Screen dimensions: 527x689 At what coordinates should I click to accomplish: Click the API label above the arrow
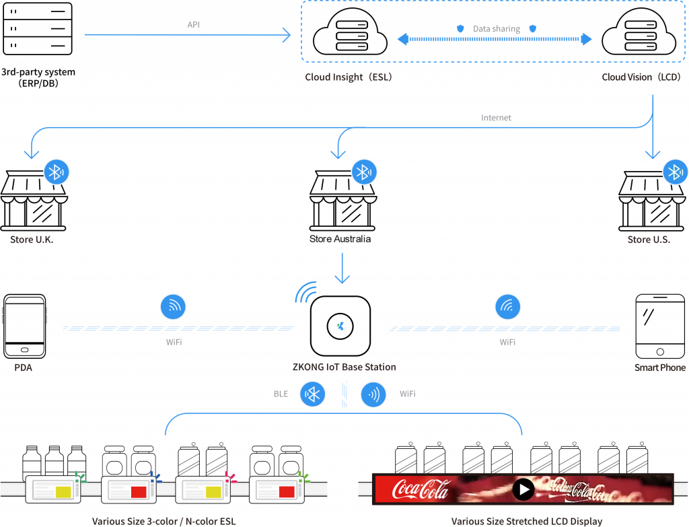(193, 24)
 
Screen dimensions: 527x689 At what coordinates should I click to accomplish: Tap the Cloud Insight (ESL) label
(348, 77)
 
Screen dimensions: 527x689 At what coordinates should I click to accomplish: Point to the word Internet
(496, 118)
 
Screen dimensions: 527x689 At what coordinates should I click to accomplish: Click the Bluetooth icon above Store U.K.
(57, 172)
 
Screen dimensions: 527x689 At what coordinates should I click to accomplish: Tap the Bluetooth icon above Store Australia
(364, 172)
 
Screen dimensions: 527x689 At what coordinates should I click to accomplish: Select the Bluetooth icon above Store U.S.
(675, 172)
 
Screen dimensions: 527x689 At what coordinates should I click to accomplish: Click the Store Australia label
(340, 239)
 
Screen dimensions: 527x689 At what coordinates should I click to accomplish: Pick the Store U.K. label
(32, 240)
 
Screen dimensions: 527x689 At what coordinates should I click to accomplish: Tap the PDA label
(24, 367)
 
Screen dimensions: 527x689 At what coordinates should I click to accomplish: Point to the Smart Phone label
(660, 367)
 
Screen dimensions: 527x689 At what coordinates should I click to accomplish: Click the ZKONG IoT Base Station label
(344, 367)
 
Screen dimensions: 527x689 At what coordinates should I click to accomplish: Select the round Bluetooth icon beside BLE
(313, 394)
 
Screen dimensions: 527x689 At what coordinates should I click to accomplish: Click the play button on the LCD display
(523, 489)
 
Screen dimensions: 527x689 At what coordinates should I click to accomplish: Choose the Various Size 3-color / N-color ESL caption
(164, 522)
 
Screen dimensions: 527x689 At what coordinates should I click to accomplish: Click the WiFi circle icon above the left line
(173, 307)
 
